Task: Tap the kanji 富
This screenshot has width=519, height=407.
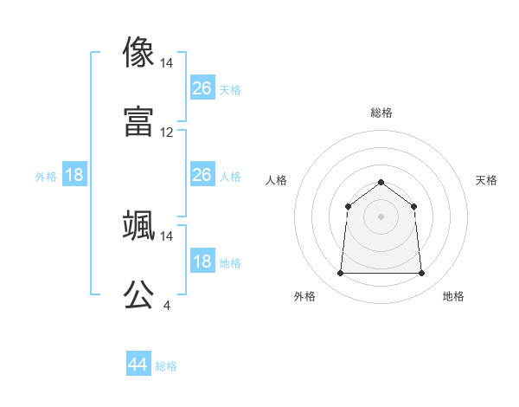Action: coord(139,120)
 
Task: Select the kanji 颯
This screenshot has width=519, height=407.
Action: coord(139,224)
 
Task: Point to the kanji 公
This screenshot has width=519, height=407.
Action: coord(139,294)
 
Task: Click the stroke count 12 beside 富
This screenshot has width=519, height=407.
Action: coord(167,132)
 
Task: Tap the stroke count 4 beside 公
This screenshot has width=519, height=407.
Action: coord(166,305)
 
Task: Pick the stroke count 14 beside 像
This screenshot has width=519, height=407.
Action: coord(167,63)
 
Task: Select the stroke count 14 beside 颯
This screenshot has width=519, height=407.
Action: coord(167,236)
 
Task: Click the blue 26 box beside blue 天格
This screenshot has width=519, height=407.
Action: coord(202,87)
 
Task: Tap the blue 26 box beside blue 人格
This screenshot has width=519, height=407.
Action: coord(202,175)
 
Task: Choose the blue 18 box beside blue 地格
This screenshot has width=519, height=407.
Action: coord(202,262)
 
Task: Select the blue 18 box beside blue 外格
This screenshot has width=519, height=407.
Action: coord(74,175)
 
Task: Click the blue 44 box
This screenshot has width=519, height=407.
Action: coord(138,365)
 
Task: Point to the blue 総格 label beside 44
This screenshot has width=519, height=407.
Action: coord(166,366)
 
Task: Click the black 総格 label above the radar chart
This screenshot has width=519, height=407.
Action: coord(381,113)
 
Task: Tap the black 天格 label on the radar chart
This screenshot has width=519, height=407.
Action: coord(487,180)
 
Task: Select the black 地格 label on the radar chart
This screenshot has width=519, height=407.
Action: coord(453,296)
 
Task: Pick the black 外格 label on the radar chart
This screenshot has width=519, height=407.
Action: coord(304,296)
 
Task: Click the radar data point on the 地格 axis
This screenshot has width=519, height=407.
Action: coord(421,274)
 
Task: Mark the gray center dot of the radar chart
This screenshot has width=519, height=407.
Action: coord(381,216)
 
